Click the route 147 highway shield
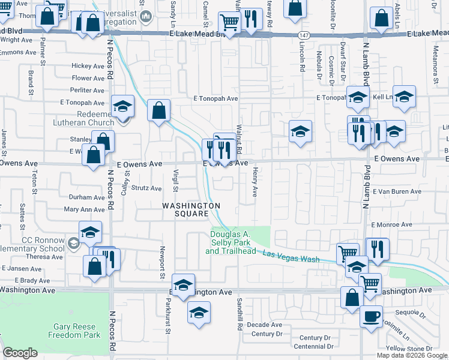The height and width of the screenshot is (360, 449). [x=305, y=37]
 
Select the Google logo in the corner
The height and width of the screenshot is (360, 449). [x=20, y=353]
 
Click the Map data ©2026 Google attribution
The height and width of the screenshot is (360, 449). [x=412, y=355]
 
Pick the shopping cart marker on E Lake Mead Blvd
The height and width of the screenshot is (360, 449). [x=229, y=22]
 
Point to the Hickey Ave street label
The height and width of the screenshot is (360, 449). [x=88, y=65]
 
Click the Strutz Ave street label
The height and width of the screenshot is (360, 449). [x=146, y=188]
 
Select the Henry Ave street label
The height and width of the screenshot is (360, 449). [x=255, y=182]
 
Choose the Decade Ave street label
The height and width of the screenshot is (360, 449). [x=264, y=325]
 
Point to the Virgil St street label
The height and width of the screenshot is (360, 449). [x=176, y=181]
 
